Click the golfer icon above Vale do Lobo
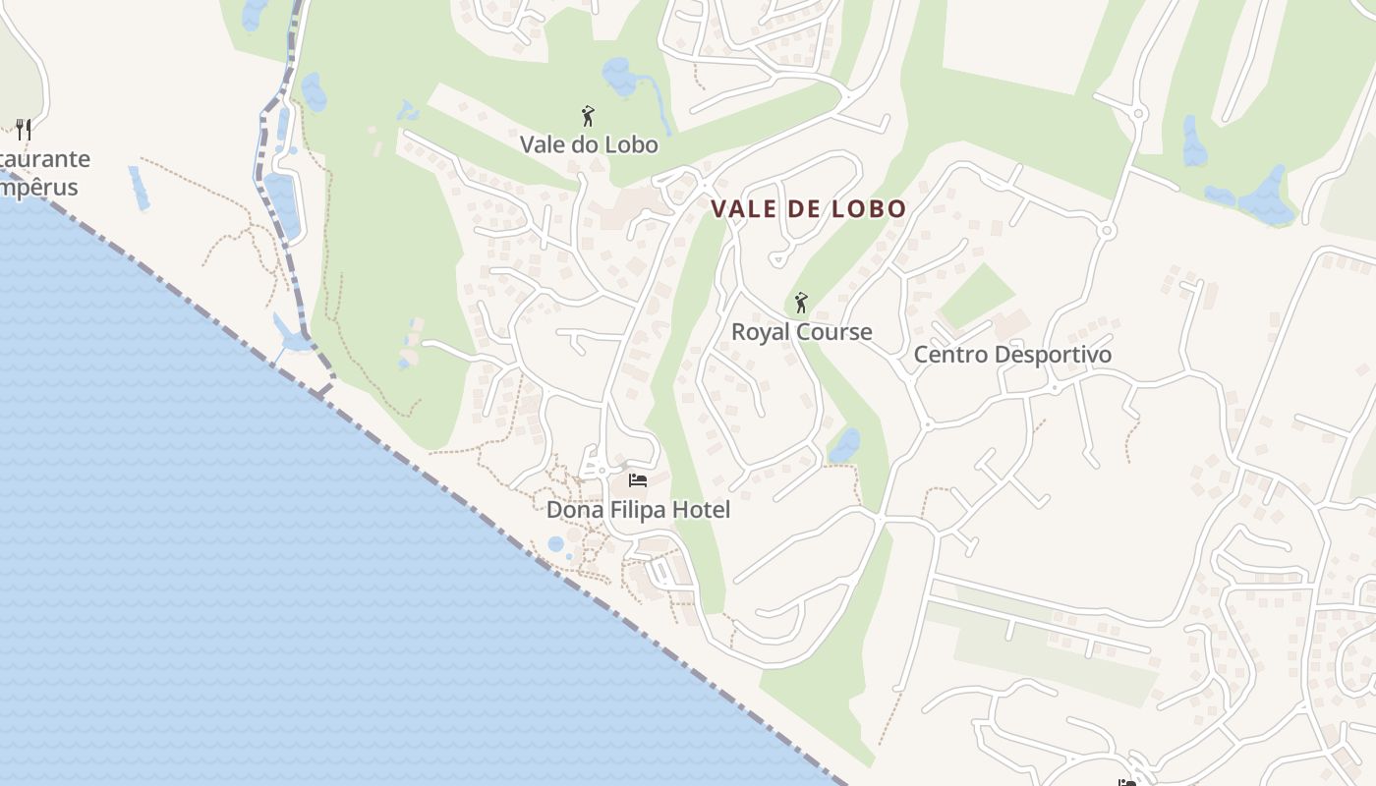point(588,116)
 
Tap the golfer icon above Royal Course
point(801,303)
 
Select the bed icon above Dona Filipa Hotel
point(638,480)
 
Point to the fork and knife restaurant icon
point(24,129)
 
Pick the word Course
point(834,332)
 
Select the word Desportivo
point(1053,355)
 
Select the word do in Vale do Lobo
point(590,145)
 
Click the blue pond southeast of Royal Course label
point(844,445)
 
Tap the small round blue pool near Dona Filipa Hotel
point(556,543)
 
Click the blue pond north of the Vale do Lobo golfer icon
point(619,76)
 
